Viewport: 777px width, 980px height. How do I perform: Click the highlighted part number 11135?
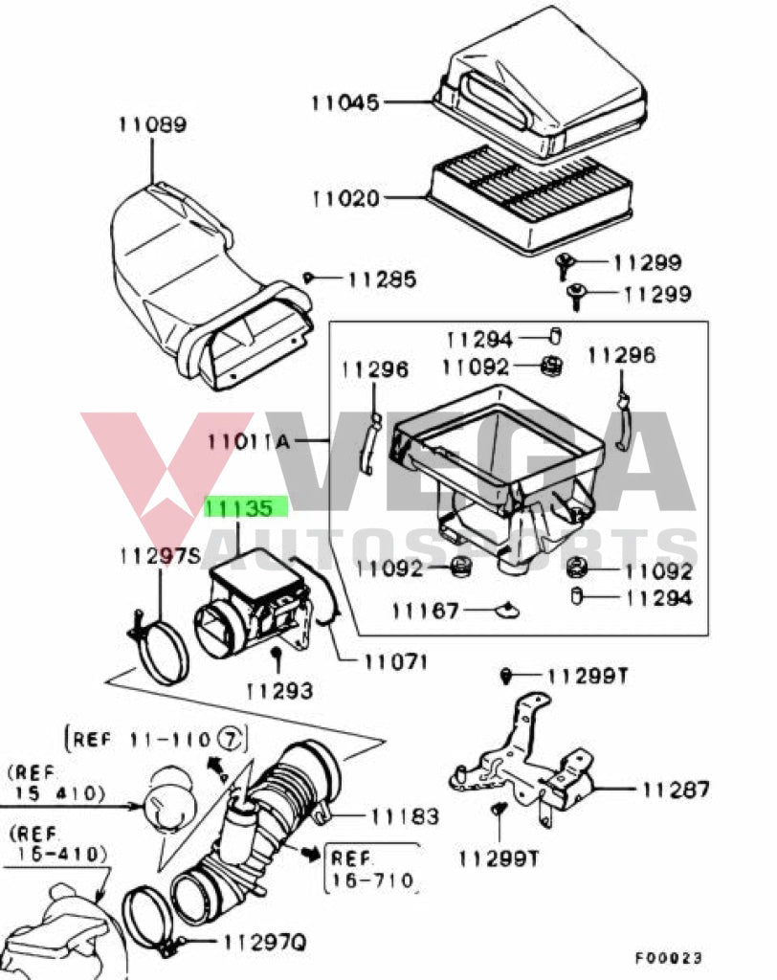click(245, 507)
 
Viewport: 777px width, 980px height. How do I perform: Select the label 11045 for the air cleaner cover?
click(344, 101)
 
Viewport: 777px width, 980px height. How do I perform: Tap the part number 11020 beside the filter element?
click(345, 198)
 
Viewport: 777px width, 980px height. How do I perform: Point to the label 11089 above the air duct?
click(152, 124)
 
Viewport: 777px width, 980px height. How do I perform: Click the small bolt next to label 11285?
click(309, 278)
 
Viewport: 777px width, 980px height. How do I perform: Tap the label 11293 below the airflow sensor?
click(279, 689)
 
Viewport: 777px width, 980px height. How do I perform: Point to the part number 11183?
click(406, 815)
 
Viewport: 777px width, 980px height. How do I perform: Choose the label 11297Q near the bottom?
click(265, 943)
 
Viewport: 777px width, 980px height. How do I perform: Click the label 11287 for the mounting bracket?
click(676, 790)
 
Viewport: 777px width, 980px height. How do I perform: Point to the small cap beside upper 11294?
click(553, 336)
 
